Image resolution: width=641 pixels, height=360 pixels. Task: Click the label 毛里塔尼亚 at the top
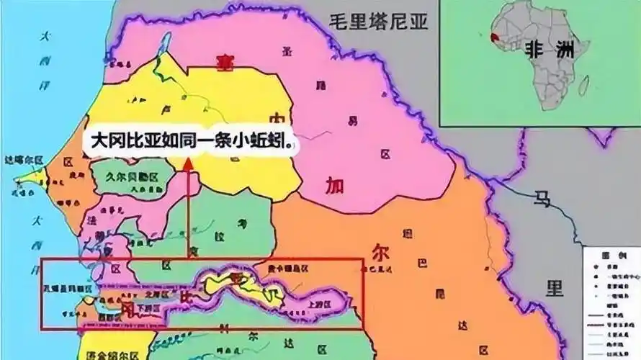point(378,22)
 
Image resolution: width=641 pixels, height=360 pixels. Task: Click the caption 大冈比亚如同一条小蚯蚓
point(191,140)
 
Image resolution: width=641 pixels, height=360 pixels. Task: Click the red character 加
point(334,186)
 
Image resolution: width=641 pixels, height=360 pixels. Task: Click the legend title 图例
point(611,256)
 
